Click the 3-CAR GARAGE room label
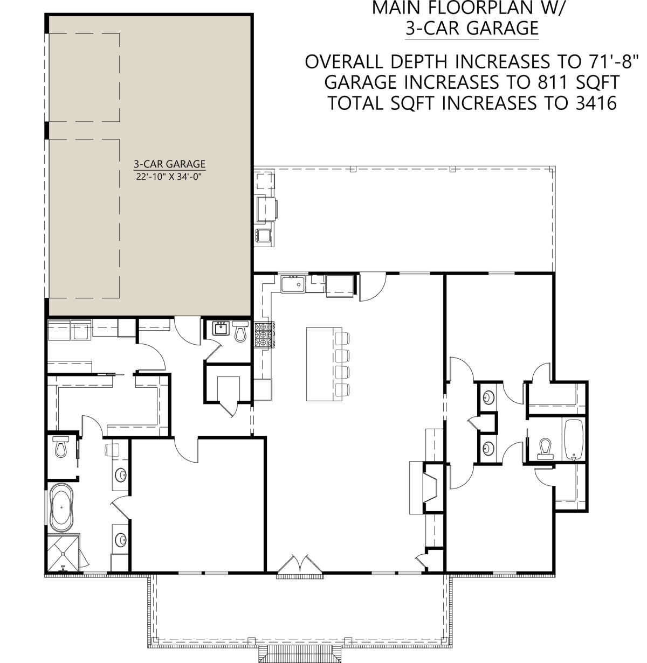(x=169, y=164)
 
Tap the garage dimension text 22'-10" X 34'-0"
(x=169, y=177)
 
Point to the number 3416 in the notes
(x=596, y=103)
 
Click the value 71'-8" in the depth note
(x=612, y=61)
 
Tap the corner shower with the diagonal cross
(x=63, y=553)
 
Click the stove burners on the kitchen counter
(x=264, y=335)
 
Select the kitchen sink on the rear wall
(x=293, y=284)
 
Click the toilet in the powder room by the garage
(x=240, y=331)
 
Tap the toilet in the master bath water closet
(x=61, y=446)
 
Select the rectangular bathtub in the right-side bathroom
(x=574, y=440)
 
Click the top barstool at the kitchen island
(x=342, y=338)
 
